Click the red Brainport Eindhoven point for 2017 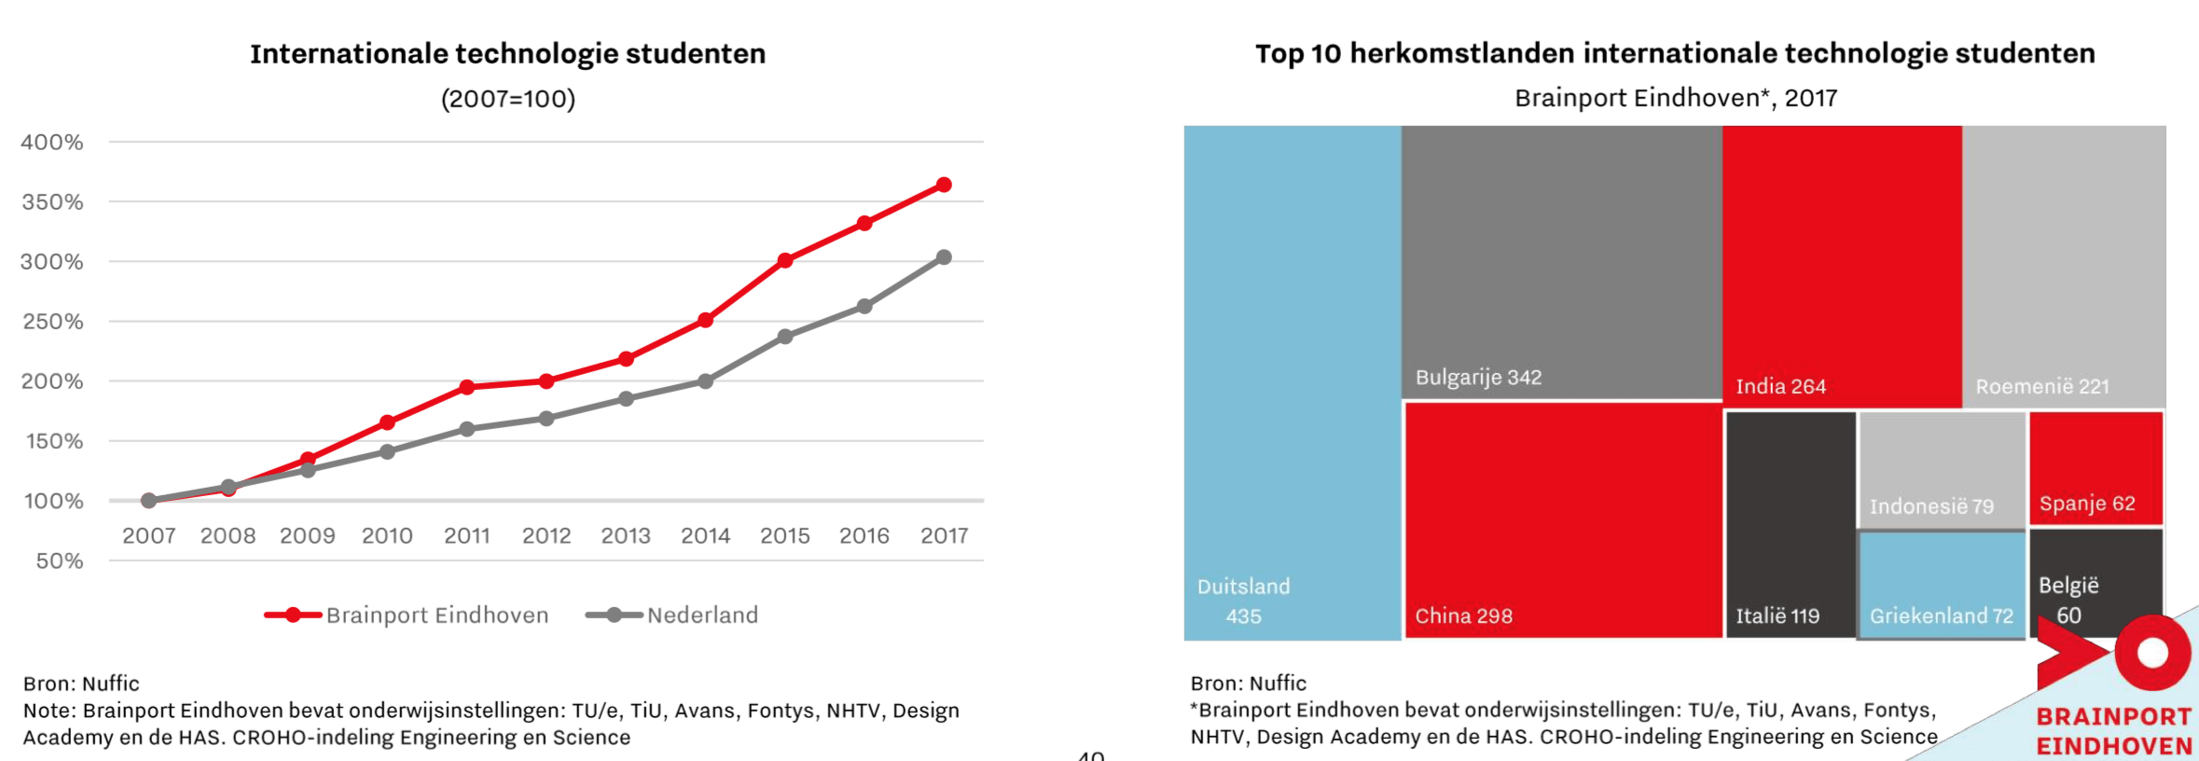point(944,185)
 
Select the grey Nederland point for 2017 point(944,257)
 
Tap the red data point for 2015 point(785,260)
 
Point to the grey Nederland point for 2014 point(705,381)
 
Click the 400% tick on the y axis point(52,143)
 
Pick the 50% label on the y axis point(59,561)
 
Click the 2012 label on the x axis point(546,536)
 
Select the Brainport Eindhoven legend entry point(408,616)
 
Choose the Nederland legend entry point(672,616)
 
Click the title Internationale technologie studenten point(507,54)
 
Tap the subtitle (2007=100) point(507,99)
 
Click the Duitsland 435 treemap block point(1292,382)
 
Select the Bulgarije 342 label point(1478,378)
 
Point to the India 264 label point(1780,386)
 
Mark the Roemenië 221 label point(2041,386)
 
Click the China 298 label point(1463,616)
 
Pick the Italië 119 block point(1790,522)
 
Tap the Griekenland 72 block point(1941,586)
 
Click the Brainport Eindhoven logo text point(2113,731)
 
